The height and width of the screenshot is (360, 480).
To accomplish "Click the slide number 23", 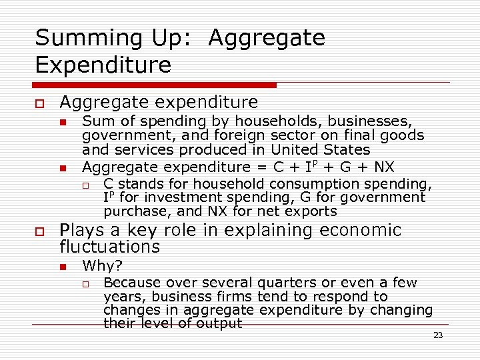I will click(x=438, y=335).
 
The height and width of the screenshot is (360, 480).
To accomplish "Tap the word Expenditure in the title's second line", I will click(x=103, y=65).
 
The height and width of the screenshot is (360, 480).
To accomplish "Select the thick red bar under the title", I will click(x=156, y=85).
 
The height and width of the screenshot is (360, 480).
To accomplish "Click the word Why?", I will click(x=102, y=266).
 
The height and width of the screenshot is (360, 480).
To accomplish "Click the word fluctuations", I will click(x=110, y=247).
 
